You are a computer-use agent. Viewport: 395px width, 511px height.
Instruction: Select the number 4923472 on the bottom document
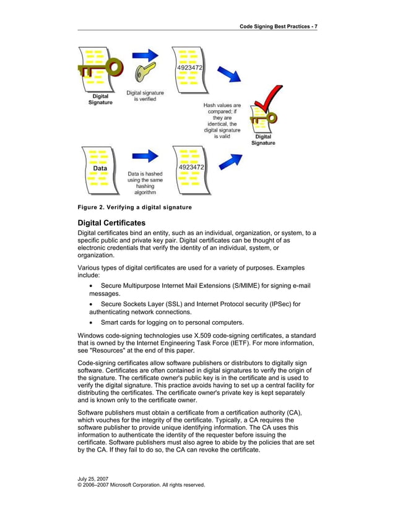[x=191, y=167]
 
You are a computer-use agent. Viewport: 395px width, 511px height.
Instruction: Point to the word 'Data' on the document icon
[x=100, y=168]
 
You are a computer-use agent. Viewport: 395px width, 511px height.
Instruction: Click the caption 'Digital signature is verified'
[x=145, y=96]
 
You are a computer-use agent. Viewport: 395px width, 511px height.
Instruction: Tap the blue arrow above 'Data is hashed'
[x=145, y=156]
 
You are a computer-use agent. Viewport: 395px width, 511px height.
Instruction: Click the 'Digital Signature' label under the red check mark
[x=263, y=140]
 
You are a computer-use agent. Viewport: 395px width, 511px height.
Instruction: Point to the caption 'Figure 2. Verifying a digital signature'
[x=134, y=207]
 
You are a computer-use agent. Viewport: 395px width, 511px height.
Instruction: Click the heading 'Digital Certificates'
[x=111, y=222]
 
